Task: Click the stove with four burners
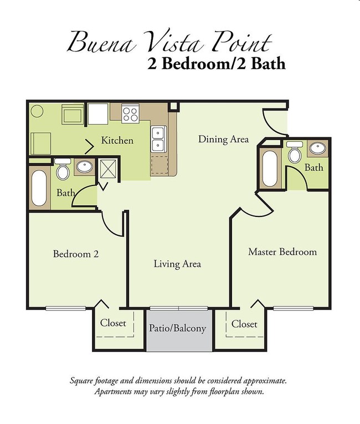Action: point(130,113)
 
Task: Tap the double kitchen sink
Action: point(158,139)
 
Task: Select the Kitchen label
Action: point(117,141)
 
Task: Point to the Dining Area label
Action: point(223,139)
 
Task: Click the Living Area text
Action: point(177,263)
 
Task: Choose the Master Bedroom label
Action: point(282,252)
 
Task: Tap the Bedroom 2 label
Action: point(76,254)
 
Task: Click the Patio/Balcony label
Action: point(177,328)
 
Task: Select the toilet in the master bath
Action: point(295,152)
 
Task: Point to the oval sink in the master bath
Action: point(318,148)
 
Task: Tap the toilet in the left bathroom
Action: point(63,169)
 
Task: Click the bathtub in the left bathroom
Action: point(39,188)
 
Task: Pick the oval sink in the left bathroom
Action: point(84,167)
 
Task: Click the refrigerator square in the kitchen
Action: point(98,114)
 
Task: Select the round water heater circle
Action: point(37,111)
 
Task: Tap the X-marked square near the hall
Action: point(108,169)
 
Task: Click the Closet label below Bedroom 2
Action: point(113,323)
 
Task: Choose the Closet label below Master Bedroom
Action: point(244,324)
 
